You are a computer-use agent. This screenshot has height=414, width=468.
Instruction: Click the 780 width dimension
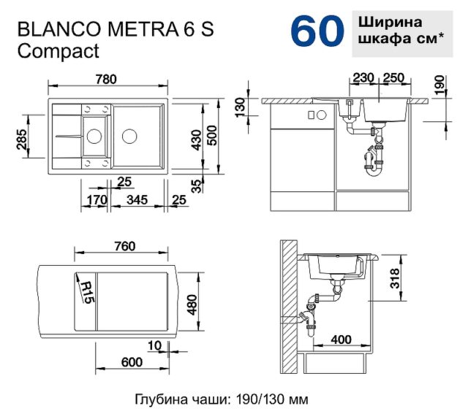pos(106,80)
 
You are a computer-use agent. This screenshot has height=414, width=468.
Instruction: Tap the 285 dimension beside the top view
pos(22,139)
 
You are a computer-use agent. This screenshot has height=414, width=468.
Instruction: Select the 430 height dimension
pos(196,139)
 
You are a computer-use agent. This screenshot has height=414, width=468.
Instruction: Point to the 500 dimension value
pos(212,135)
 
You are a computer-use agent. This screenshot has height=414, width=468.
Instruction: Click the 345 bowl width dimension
pos(137,199)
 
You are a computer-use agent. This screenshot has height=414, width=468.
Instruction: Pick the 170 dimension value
pos(97,199)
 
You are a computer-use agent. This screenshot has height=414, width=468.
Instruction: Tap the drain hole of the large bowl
pos(129,137)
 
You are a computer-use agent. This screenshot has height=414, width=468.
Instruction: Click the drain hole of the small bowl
pos(94,137)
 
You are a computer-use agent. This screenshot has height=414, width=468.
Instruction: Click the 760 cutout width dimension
pos(125,246)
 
